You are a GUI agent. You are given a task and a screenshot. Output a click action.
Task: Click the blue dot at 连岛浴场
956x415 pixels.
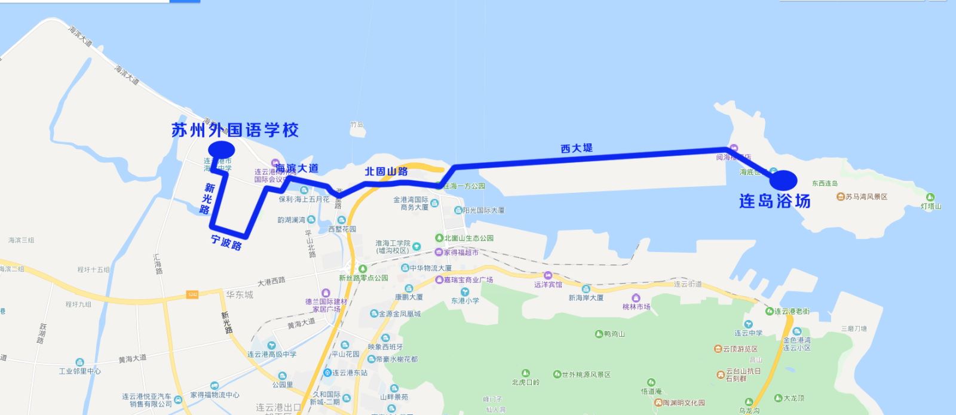click(x=783, y=179)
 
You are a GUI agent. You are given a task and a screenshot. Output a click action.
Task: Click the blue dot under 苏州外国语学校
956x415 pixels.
click(x=221, y=149)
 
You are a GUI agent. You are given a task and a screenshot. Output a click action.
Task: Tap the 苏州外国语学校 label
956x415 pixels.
click(x=235, y=130)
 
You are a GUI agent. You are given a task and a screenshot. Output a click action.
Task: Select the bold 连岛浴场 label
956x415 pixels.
click(x=774, y=201)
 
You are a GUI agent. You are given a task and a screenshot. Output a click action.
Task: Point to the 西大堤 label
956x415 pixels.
click(x=577, y=147)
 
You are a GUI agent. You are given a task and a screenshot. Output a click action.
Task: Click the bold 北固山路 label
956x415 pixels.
click(x=386, y=171)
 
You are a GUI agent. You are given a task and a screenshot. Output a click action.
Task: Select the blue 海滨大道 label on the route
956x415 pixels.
click(x=297, y=169)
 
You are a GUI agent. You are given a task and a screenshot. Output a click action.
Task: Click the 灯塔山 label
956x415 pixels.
click(x=930, y=206)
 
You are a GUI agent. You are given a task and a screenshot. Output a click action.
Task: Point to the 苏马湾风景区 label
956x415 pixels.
click(x=866, y=196)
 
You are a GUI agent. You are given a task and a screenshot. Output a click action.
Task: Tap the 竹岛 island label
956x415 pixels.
click(x=357, y=125)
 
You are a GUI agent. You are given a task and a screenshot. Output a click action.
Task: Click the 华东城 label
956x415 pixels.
click(x=240, y=294)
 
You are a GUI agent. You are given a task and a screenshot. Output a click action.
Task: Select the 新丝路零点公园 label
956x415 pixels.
click(x=363, y=278)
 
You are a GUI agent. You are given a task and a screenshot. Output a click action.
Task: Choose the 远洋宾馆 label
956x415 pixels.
click(x=548, y=284)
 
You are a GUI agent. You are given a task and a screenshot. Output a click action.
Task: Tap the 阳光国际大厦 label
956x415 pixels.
click(x=483, y=210)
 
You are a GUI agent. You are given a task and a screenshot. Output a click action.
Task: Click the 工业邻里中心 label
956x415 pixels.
click(x=79, y=371)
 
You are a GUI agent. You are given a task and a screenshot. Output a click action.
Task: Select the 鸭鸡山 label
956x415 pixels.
click(x=614, y=334)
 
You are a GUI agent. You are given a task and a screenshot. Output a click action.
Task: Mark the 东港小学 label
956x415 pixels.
click(x=465, y=300)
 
